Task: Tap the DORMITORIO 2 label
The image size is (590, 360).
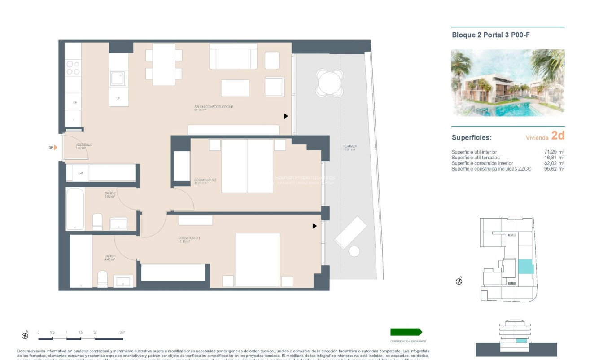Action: click(x=205, y=181)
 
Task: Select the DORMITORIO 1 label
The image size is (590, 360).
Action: click(x=189, y=239)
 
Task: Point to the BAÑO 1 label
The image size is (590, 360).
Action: click(x=110, y=258)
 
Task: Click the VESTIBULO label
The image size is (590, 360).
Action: click(x=84, y=145)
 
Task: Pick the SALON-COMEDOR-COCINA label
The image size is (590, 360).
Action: click(x=214, y=108)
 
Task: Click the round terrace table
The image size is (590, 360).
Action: click(x=329, y=82)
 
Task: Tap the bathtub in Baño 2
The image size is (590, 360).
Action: click(x=75, y=209)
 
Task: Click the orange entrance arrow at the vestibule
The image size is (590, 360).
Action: click(x=56, y=147)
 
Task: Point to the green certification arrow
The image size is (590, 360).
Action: click(x=406, y=332)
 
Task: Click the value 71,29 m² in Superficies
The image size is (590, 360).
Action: click(x=554, y=152)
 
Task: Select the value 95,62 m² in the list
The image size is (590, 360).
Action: click(x=554, y=169)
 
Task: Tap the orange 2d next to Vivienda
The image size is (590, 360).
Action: click(x=558, y=136)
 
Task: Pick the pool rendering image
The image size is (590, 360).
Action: click(x=507, y=83)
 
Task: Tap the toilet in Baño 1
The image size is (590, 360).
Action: click(x=102, y=279)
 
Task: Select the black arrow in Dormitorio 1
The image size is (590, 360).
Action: click(x=315, y=226)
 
